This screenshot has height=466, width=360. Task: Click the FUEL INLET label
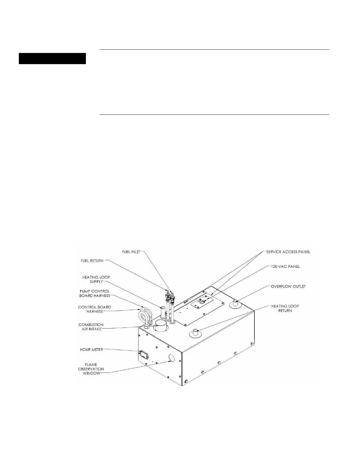(x=131, y=252)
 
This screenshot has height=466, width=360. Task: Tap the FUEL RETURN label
(x=93, y=261)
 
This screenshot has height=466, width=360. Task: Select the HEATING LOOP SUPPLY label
(x=96, y=279)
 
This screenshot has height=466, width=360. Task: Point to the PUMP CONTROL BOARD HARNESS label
(x=94, y=293)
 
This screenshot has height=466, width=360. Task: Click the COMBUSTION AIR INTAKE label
(x=91, y=327)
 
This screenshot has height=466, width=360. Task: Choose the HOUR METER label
(x=91, y=349)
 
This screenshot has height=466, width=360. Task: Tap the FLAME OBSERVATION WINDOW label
(x=91, y=369)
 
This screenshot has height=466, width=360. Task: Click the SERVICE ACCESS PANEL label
(x=288, y=252)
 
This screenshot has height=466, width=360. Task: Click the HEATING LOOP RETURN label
(x=285, y=308)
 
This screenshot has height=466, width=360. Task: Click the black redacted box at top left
(x=52, y=59)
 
